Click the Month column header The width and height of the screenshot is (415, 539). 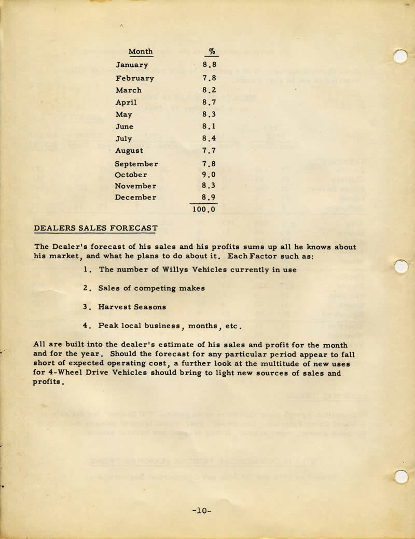pyautogui.click(x=141, y=51)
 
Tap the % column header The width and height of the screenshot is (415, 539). pyautogui.click(x=212, y=51)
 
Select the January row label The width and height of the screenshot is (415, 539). pyautogui.click(x=132, y=65)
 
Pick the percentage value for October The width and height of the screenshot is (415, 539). pyautogui.click(x=210, y=175)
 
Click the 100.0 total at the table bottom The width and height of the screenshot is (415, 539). pyautogui.click(x=204, y=210)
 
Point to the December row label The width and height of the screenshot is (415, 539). pyautogui.click(x=136, y=197)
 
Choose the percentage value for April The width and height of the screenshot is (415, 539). pyautogui.click(x=210, y=103)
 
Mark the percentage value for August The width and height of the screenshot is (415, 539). pyautogui.click(x=210, y=151)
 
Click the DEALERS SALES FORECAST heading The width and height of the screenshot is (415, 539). pyautogui.click(x=96, y=228)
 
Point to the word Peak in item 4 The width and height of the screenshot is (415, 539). pyautogui.click(x=108, y=326)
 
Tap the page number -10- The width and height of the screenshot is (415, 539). pyautogui.click(x=201, y=510)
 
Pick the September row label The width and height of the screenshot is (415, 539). pyautogui.click(x=137, y=164)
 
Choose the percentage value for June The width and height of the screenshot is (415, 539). pyautogui.click(x=210, y=127)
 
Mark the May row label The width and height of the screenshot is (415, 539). pyautogui.click(x=124, y=115)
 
